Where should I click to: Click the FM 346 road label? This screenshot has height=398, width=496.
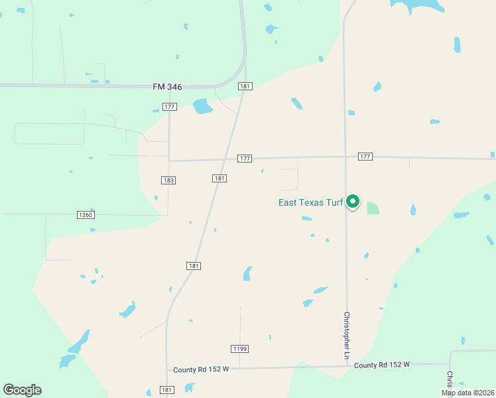coord(167,87)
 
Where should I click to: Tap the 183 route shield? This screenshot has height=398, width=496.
coord(168,180)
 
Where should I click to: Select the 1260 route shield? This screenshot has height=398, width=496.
coord(86,215)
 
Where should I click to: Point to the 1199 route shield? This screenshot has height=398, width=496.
coord(240,349)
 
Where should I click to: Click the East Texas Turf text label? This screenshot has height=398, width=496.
coord(310,202)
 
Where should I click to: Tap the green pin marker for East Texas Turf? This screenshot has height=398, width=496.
coord(353,201)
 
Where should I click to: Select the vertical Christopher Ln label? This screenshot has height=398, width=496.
coord(346,336)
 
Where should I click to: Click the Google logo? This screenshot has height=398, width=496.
coord(23,390)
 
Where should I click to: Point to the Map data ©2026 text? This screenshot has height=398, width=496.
coord(467,393)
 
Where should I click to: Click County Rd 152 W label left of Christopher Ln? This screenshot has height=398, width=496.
coord(202,369)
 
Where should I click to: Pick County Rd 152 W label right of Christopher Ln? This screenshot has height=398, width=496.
coord(382,365)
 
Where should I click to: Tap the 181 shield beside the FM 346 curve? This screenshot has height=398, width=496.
coord(245,86)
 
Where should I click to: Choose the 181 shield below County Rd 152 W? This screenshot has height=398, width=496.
coord(167,390)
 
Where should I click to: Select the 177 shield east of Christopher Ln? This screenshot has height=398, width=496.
coord(365,157)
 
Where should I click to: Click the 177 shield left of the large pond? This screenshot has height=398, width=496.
coord(169,107)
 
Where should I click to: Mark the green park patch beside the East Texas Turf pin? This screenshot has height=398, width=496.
coord(373,208)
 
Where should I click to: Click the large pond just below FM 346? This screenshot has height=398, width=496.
coord(202,106)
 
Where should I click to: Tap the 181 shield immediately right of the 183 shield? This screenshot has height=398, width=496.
coord(220,178)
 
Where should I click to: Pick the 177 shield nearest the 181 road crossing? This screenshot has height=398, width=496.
coord(245,159)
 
